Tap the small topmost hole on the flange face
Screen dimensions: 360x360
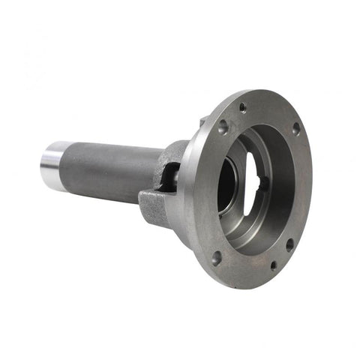pos(242,107)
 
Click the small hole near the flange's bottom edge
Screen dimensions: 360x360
pos(273,264)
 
